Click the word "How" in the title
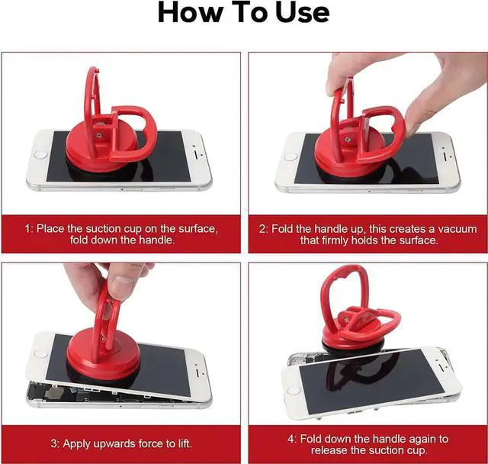pos(190,12)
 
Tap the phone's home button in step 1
pos(40,154)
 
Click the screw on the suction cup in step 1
pos(100,135)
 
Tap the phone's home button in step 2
pos(290,156)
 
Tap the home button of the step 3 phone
pos(39,353)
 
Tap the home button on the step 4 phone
pos(293,390)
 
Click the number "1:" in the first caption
pos(29,229)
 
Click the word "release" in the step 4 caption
pos(329,450)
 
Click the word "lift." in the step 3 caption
pos(185,443)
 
